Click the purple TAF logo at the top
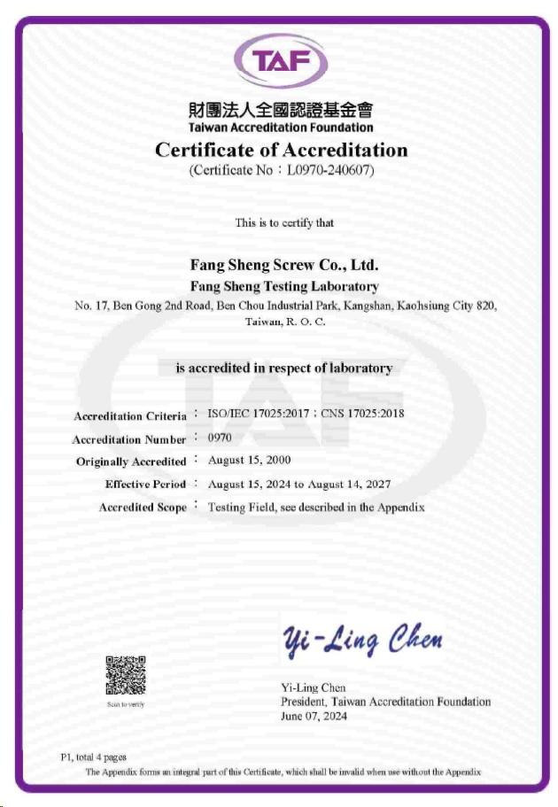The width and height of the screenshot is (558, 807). click(x=280, y=61)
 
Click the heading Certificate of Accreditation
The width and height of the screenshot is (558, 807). click(x=281, y=150)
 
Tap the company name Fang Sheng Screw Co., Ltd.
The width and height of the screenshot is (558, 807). click(x=284, y=264)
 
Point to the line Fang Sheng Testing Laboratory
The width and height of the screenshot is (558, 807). click(x=284, y=286)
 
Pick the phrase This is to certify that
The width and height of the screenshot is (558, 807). click(x=284, y=222)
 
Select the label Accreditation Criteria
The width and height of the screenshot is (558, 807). click(x=130, y=416)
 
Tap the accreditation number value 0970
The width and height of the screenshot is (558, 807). click(x=220, y=438)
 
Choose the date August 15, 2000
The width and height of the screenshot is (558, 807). click(x=249, y=461)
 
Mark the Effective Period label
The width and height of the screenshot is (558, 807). click(x=145, y=485)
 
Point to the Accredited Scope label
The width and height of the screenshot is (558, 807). click(x=143, y=508)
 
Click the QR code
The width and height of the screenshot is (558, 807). click(x=125, y=675)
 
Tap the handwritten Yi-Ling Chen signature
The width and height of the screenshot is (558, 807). click(x=362, y=639)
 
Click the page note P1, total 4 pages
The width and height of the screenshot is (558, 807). click(x=93, y=757)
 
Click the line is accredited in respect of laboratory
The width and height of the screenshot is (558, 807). click(x=283, y=369)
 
